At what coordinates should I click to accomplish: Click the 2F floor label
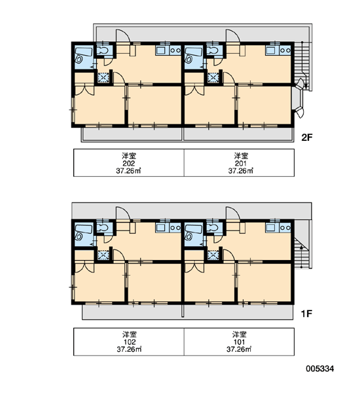pyautogui.click(x=307, y=138)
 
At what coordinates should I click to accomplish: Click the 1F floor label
pyautogui.click(x=306, y=314)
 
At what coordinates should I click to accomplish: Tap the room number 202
pyautogui.click(x=129, y=163)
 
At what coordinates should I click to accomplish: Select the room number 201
pyautogui.click(x=240, y=163)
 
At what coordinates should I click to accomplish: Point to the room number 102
pyautogui.click(x=129, y=342)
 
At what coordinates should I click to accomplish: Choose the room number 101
pyautogui.click(x=239, y=342)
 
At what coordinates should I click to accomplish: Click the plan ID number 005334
pyautogui.click(x=320, y=369)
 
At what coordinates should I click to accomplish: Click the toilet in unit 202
pyautogui.click(x=103, y=50)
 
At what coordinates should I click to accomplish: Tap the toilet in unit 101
pyautogui.click(x=213, y=228)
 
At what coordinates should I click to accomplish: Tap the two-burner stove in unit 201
pyautogui.click(x=285, y=50)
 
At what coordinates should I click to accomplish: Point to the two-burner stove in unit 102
pyautogui.click(x=175, y=228)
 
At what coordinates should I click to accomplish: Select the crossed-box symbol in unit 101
pyautogui.click(x=213, y=255)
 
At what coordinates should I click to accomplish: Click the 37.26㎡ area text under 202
pyautogui.click(x=128, y=171)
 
